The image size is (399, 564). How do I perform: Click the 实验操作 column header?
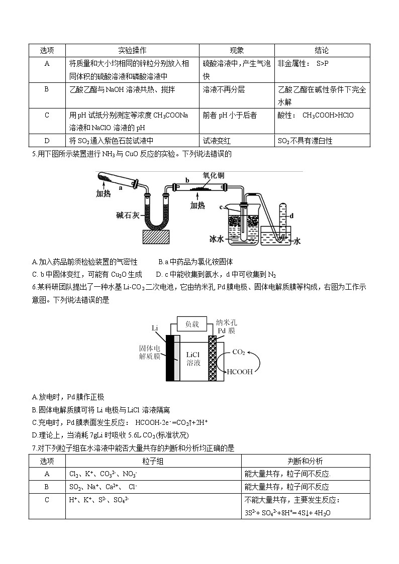(x=132, y=50)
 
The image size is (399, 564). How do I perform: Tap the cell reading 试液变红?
(x=217, y=141)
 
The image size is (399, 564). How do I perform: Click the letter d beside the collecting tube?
(x=291, y=215)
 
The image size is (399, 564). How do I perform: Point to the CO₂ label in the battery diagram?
(x=238, y=352)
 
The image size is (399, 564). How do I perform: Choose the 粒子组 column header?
(x=153, y=461)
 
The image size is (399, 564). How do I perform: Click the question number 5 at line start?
(x=33, y=154)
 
